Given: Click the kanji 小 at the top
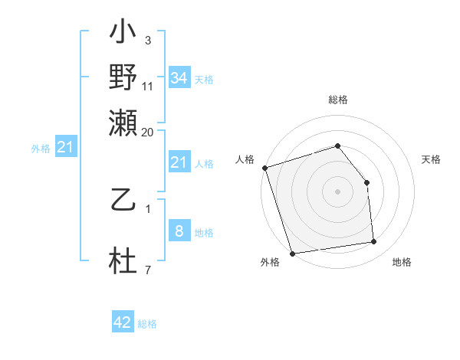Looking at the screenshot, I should coord(123,34).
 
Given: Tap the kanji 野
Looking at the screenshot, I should coord(123,77).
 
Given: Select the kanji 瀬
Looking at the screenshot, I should coord(123,122).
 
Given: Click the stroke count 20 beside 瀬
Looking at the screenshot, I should coord(148,132).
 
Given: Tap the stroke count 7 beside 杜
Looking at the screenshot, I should coord(147,270).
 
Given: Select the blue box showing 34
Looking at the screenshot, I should coord(179,77).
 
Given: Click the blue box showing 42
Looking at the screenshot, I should coord(123,322).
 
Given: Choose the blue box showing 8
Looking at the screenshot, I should coord(179,231).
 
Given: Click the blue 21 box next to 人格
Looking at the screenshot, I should coord(179,162).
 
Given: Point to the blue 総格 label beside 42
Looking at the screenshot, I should coord(147,324).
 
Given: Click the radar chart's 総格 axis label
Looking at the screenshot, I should coord(338,100).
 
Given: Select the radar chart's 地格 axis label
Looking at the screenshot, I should coord(402,262).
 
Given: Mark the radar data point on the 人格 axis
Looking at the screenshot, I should coord(264,168).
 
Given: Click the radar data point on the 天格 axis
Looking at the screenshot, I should coord(366,182).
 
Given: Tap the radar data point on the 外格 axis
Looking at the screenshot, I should coord(293,254).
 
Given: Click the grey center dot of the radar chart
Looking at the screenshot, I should coord(338,191).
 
